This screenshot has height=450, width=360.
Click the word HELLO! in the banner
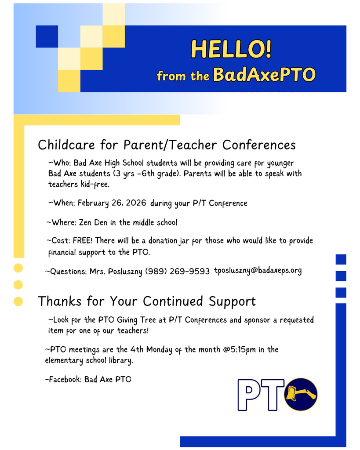point(231,49)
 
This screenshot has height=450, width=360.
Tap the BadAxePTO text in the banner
point(264,75)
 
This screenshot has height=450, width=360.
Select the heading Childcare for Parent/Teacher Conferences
point(167,145)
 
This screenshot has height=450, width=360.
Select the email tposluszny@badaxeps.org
point(258,271)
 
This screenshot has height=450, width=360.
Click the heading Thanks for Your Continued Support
point(146,301)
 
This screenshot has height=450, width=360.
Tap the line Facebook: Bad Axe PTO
point(88,379)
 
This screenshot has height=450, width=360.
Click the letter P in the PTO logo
point(248,394)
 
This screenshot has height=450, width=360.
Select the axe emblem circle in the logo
point(301,394)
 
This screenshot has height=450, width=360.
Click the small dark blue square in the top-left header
point(47,36)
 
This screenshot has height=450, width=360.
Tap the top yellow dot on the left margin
point(18,268)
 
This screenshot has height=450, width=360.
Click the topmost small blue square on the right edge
point(341,259)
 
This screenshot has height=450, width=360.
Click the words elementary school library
point(88,361)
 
